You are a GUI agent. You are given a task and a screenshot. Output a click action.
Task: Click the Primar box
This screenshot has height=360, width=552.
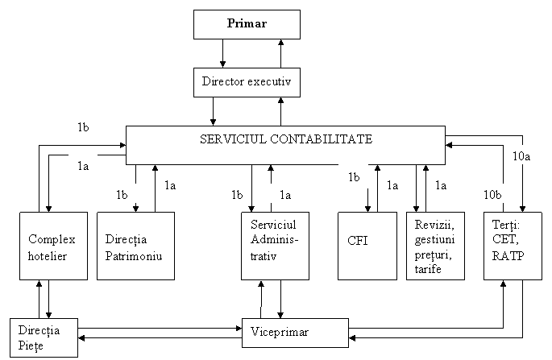(x=247, y=24)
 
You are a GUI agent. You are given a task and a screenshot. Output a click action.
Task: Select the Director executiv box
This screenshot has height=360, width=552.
(x=247, y=82)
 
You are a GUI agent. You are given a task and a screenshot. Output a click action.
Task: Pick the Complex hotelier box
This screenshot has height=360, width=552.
(x=53, y=246)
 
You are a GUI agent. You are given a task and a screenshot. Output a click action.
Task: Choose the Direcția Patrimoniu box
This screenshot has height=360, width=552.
(x=135, y=246)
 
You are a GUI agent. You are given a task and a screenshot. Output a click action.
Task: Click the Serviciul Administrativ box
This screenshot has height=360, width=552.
(x=276, y=246)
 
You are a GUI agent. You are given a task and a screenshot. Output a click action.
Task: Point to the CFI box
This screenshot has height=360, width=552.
(x=367, y=246)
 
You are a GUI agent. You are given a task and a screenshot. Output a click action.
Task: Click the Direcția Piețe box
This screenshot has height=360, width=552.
(x=44, y=337)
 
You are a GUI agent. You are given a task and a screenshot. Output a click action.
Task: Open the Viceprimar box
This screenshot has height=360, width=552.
(x=295, y=333)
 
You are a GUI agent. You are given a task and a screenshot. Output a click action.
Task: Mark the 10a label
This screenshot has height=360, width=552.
(x=521, y=155)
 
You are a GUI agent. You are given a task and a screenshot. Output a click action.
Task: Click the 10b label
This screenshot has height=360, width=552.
(x=493, y=194)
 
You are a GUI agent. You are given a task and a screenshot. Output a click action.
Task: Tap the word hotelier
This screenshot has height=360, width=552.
(x=48, y=255)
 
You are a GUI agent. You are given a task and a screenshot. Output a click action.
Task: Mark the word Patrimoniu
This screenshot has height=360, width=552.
(x=133, y=255)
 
